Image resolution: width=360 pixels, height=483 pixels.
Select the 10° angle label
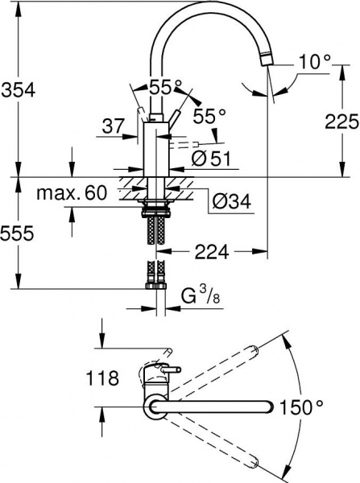coord(313,61)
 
